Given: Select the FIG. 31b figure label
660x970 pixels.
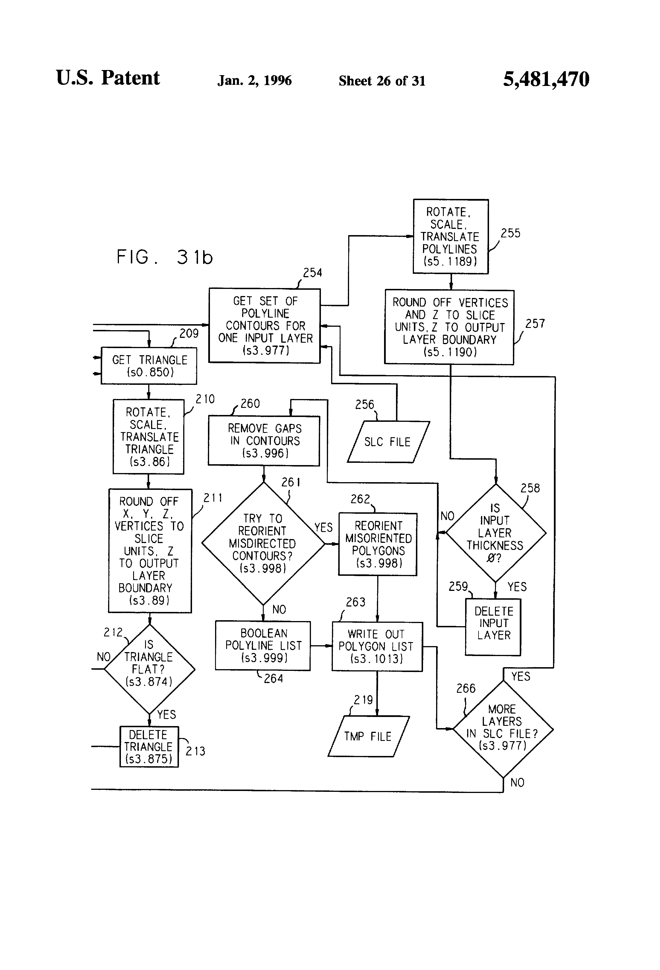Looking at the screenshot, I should click(x=164, y=257).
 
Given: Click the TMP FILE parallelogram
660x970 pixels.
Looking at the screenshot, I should click(x=368, y=737).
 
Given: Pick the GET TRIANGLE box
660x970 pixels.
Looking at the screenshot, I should click(x=149, y=366).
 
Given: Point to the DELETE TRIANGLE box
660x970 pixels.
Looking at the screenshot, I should click(x=149, y=747).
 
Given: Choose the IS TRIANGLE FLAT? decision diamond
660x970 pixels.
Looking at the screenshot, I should click(x=149, y=669).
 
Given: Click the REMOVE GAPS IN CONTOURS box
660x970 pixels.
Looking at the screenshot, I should click(x=264, y=441).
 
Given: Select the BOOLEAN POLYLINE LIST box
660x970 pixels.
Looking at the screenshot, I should click(x=263, y=646).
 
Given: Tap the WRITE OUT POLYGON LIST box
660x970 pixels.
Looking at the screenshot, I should click(x=377, y=647).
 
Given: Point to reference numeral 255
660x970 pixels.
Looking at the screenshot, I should click(x=511, y=233).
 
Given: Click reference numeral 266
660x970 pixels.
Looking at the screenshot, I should click(x=466, y=689).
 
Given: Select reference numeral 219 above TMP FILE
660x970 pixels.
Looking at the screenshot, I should click(x=363, y=700).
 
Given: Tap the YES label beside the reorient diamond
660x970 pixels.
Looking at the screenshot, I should click(x=323, y=528).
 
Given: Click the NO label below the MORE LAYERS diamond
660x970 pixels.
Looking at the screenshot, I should click(x=517, y=783).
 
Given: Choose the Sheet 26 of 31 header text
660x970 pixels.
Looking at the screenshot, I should click(x=382, y=81).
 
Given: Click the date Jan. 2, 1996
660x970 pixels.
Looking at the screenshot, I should click(x=255, y=81).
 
